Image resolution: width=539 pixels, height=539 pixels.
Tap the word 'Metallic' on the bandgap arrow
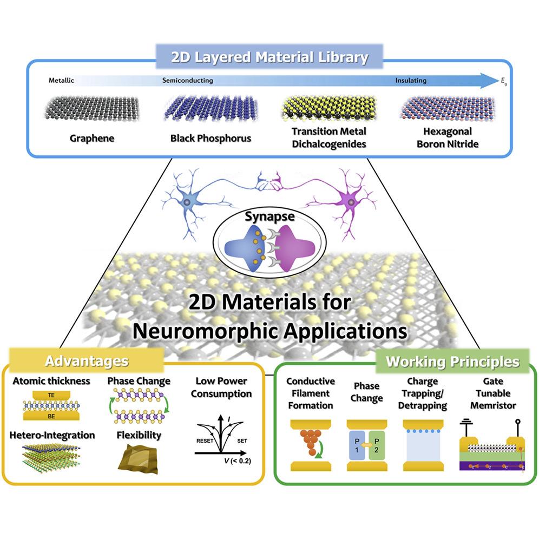[61, 81]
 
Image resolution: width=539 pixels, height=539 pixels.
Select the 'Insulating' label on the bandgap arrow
[410, 81]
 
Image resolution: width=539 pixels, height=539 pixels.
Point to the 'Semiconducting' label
[187, 81]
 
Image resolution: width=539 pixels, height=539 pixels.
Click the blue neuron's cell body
[187, 202]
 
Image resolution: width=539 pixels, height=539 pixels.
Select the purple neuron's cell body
[352, 203]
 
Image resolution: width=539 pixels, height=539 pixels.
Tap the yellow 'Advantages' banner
[87, 361]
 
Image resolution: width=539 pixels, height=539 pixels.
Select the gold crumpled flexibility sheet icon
[137, 458]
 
